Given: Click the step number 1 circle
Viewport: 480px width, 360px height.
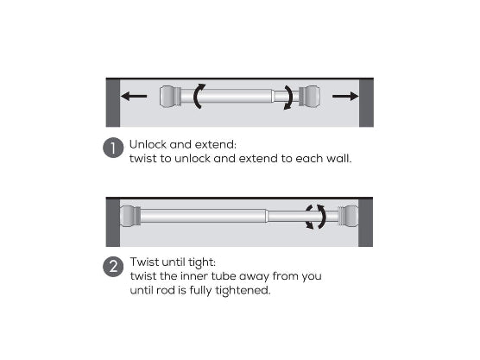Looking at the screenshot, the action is [x=113, y=148].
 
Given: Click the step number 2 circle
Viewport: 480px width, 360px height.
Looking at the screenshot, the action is [x=113, y=266].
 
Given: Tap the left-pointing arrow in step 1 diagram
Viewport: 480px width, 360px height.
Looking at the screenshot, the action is [x=134, y=96].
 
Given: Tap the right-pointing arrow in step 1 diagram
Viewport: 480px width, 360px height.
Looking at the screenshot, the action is [x=345, y=96].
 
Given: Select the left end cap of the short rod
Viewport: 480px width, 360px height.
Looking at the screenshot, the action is [x=170, y=97].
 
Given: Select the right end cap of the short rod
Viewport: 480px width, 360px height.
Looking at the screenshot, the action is [x=309, y=97].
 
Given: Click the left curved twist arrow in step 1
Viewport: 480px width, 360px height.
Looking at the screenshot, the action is [x=198, y=96].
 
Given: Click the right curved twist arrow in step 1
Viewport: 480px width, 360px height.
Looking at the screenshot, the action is [x=290, y=97].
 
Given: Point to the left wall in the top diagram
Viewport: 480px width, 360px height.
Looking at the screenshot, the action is [x=113, y=103].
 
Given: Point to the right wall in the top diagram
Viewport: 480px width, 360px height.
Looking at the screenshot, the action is [x=366, y=103].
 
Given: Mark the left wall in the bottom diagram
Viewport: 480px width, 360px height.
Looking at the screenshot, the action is [x=113, y=223].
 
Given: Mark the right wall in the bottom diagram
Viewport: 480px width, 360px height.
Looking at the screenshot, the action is [x=365, y=223].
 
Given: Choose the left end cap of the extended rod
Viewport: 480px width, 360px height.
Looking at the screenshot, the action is [x=130, y=216].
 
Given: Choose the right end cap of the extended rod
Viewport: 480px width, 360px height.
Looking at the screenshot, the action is [x=348, y=216].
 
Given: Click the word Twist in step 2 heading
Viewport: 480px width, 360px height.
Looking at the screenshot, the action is [x=144, y=262].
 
